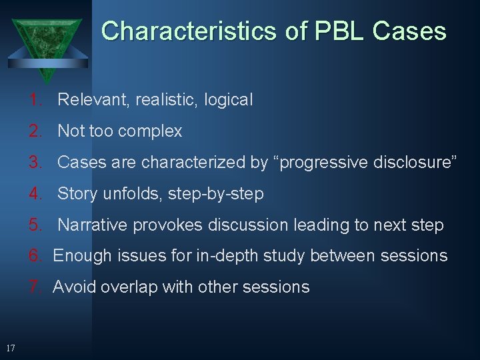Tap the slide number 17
(x=10, y=348)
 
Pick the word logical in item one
(x=228, y=100)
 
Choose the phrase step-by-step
(x=216, y=194)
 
